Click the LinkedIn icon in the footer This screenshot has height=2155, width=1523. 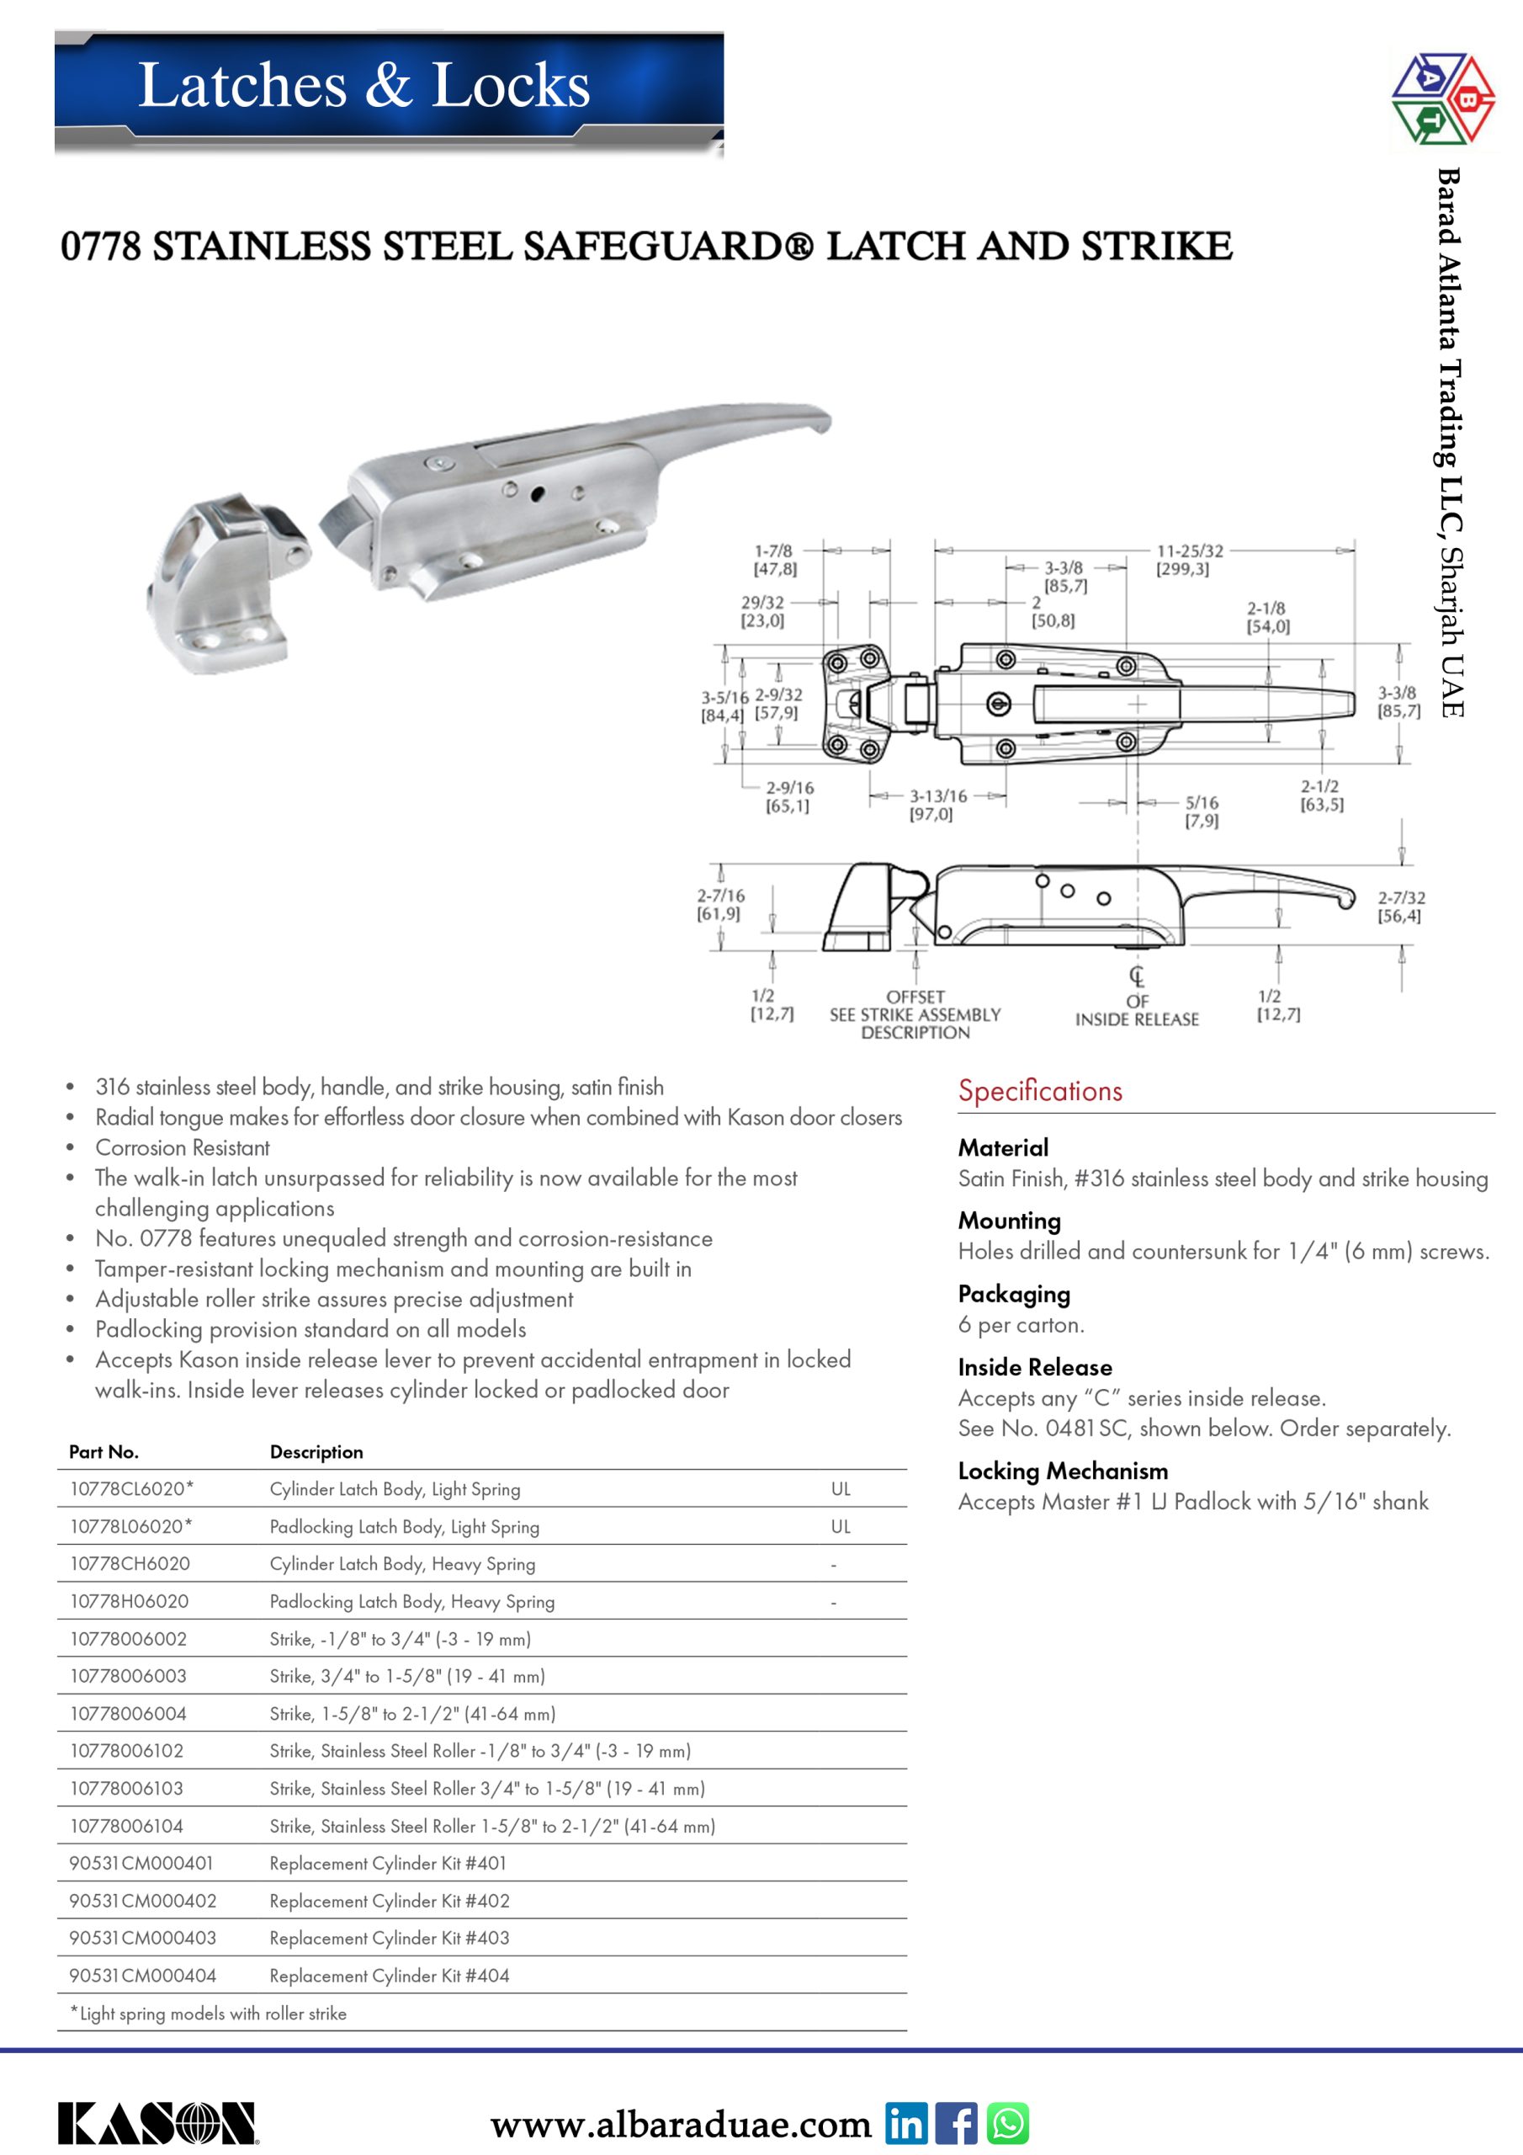(905, 2123)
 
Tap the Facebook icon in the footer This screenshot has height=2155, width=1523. (956, 2123)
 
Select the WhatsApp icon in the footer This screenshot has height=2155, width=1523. (1008, 2123)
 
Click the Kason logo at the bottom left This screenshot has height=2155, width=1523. (157, 2123)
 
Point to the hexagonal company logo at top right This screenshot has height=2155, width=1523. (1442, 98)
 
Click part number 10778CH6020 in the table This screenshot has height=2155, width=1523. (130, 1564)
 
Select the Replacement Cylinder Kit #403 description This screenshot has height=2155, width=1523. (390, 1937)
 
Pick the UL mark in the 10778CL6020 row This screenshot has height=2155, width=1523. (841, 1488)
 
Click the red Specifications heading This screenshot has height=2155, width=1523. (1040, 1091)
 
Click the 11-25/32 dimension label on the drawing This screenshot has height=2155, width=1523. (1189, 551)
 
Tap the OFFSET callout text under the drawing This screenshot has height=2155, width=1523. (915, 997)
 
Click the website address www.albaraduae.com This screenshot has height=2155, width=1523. (681, 2124)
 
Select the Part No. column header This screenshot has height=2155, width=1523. (104, 1451)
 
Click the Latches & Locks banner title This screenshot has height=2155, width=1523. (364, 85)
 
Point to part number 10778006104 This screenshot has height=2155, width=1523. (127, 1826)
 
